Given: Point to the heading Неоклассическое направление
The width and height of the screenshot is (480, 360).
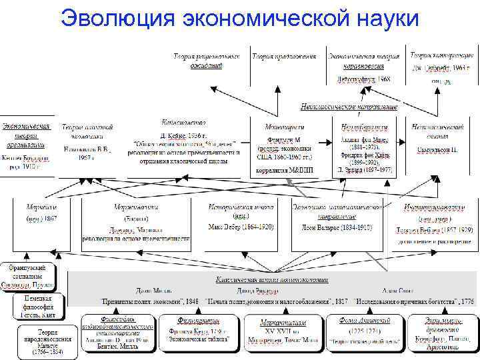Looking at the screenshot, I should [349, 107].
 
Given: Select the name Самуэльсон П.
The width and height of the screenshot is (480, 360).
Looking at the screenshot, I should [437, 151].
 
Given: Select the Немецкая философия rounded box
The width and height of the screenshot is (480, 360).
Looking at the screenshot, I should [37, 305].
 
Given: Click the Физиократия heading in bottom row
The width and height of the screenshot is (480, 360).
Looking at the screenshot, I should [198, 321].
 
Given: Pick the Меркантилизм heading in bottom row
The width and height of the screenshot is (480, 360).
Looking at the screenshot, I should [284, 322].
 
